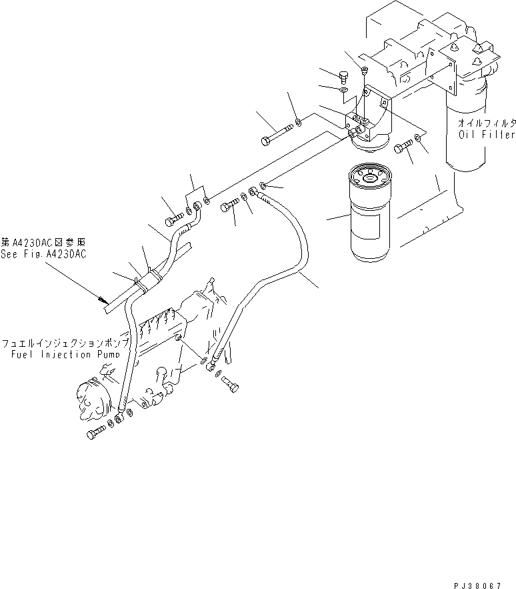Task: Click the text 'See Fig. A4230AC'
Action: (x=43, y=254)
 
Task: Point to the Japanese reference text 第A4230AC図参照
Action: (x=43, y=243)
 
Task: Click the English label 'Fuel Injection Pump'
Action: (x=65, y=354)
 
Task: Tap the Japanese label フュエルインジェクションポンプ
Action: (x=65, y=344)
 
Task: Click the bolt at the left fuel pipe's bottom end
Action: (x=95, y=434)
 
